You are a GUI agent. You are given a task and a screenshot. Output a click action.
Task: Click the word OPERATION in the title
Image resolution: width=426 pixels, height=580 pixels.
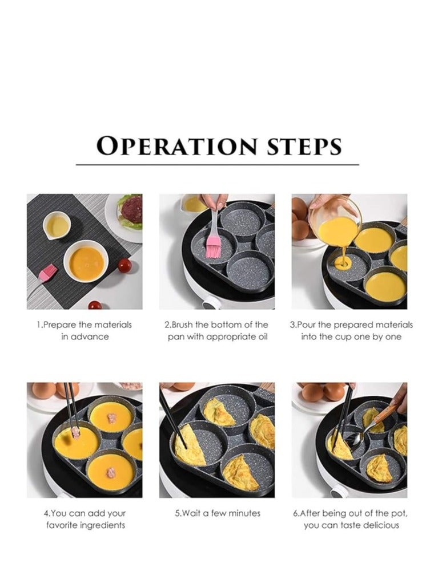176,146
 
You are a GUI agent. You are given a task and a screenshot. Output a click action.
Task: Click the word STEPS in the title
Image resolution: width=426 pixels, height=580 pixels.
304,146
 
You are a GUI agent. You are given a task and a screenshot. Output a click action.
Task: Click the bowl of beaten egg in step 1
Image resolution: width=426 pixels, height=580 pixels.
86,261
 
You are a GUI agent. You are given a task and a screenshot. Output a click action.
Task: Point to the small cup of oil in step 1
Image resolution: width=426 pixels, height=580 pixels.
57,225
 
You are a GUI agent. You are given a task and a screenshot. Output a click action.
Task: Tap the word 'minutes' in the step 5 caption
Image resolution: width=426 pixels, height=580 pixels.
244,513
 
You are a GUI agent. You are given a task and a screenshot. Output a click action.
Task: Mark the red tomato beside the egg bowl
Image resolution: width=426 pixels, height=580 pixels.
124,265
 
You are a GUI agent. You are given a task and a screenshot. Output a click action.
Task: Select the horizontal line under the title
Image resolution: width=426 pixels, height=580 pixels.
218,165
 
